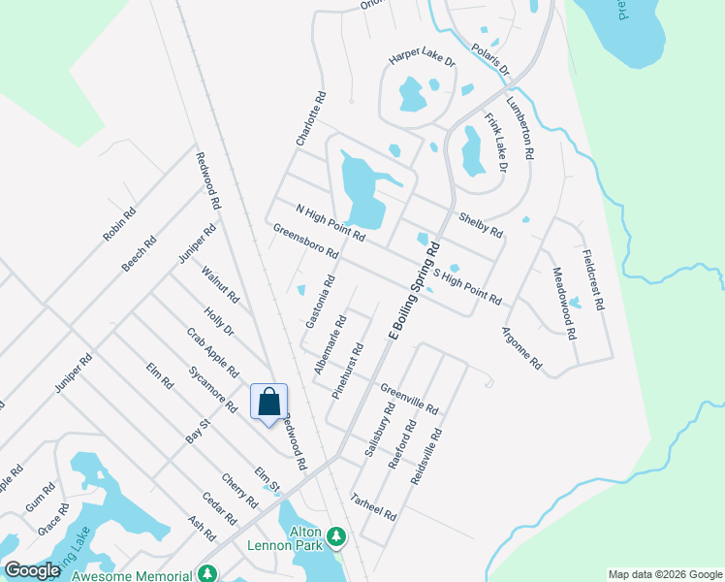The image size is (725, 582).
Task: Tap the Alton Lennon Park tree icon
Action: pos(336,535)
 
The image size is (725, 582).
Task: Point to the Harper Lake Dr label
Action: pos(422,60)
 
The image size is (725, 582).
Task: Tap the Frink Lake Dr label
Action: pos(495,143)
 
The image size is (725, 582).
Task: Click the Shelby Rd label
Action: pos(482,225)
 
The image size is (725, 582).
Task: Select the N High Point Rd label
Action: pos(330,222)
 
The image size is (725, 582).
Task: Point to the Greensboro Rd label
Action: pos(305,242)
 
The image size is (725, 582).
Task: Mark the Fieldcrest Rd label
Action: pos(593,278)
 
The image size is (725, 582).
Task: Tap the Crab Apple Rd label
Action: pos(212,352)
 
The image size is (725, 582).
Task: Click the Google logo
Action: pos(33,570)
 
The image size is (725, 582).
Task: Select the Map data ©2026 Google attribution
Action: pos(665,574)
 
